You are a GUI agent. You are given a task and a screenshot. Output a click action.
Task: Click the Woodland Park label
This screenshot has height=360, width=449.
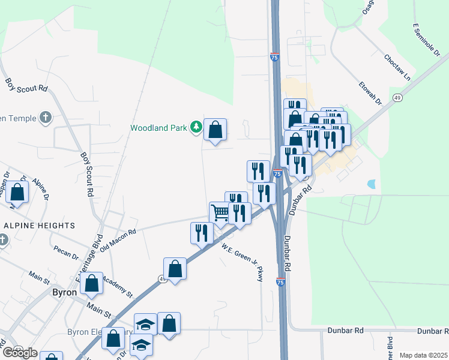click(x=159, y=128)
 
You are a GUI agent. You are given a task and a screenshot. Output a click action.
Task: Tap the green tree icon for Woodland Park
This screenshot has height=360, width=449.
click(x=195, y=127)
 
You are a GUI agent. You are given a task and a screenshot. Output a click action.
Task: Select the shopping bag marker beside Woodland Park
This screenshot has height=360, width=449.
click(x=215, y=130)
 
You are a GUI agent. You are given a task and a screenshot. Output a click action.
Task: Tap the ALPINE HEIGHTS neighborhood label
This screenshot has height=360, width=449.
click(x=40, y=226)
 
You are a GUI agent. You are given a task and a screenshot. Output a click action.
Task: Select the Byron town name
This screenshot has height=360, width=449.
click(x=64, y=292)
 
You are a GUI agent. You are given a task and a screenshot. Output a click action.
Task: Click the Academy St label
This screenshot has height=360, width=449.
click(x=117, y=285)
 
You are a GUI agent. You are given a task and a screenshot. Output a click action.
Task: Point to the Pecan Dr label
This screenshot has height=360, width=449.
click(x=66, y=251)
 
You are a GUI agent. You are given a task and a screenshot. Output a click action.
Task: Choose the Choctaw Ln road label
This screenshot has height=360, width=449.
click(x=398, y=68)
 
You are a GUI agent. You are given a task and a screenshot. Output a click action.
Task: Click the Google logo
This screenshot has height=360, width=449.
click(x=20, y=353)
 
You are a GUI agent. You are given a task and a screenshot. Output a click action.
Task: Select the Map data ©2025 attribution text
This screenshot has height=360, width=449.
click(x=423, y=355)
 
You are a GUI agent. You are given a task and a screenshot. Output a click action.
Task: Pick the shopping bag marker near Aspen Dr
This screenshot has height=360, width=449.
click(x=18, y=193)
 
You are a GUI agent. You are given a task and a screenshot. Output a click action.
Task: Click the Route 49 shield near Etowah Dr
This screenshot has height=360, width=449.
click(x=397, y=97)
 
